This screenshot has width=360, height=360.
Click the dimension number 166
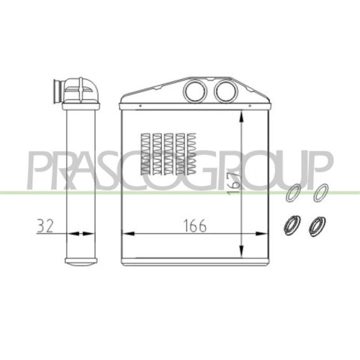click(x=194, y=226)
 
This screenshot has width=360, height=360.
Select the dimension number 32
click(x=45, y=226)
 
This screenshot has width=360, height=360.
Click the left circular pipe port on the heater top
click(x=195, y=91)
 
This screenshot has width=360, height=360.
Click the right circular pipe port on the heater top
click(x=226, y=91)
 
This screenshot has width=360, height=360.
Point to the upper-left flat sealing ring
click(x=293, y=192)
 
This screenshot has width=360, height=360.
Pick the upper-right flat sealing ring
click(x=321, y=192)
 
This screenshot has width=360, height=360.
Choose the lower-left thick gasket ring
click(x=292, y=225)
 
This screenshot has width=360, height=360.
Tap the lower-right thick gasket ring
click(x=317, y=226)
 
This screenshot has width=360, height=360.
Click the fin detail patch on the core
click(x=168, y=153)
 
